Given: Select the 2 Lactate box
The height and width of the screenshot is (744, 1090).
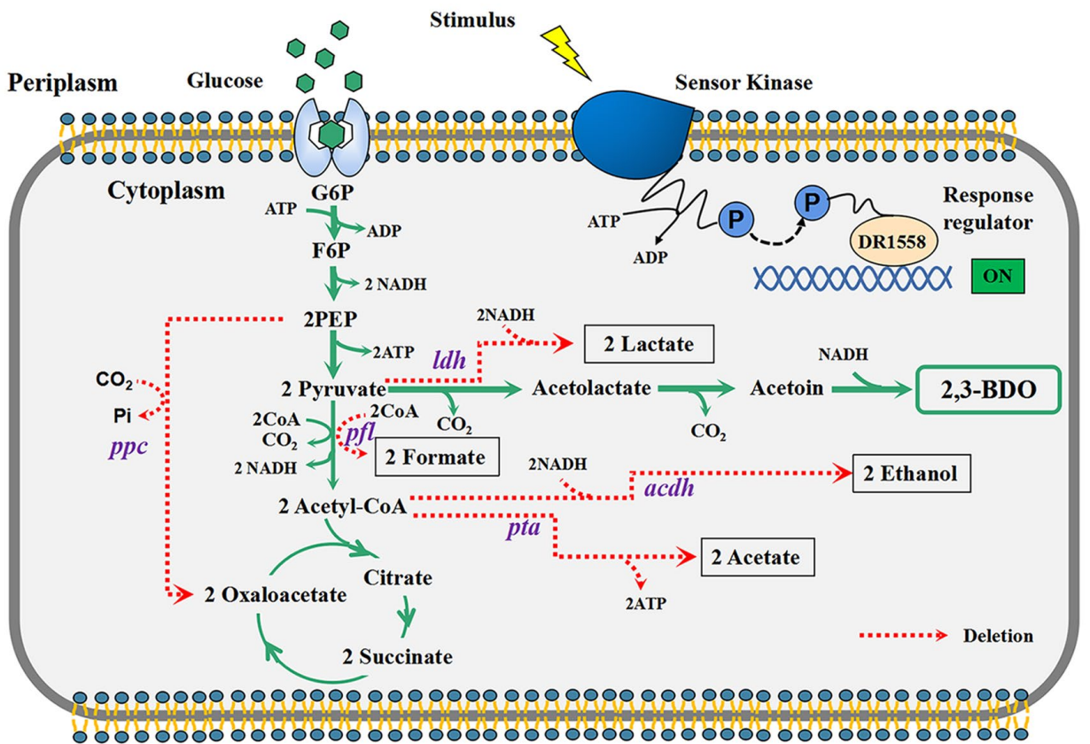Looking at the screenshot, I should coord(649,343).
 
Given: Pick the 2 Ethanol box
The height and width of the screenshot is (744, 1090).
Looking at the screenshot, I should coord(911,474).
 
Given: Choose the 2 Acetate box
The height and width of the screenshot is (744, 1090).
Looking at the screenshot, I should coord(757,557).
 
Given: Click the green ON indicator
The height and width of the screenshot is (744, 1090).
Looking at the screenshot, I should coord(997,276).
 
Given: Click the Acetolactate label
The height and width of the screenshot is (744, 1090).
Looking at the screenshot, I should coord(592,388).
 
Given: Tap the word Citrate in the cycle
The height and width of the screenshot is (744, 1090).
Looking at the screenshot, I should coord(398,578).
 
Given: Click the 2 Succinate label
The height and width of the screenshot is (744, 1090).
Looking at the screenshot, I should coord(398,657).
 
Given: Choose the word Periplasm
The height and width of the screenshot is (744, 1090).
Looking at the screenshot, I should coord(62,83).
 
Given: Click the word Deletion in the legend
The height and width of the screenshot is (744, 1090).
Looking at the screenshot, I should coord(998,636).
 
